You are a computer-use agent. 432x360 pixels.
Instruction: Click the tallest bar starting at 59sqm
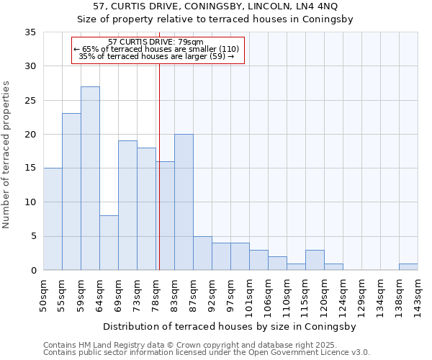[x=90, y=179]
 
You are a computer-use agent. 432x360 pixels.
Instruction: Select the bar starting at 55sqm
[x=71, y=192]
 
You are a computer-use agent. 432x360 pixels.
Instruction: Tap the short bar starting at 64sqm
[x=109, y=243]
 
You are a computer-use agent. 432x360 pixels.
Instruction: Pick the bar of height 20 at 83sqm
[x=184, y=202]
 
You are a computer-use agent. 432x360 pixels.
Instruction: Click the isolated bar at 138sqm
[x=408, y=267]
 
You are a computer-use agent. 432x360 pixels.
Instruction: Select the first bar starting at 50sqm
[x=53, y=219]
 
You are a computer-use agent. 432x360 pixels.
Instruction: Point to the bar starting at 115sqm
[x=315, y=260]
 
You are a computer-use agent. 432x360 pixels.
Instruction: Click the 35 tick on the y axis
[x=30, y=32]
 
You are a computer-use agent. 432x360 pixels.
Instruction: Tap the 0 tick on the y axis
[x=33, y=270]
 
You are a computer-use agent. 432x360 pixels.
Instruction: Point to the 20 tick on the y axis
[x=30, y=135]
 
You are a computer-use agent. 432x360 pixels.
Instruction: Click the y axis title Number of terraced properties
[x=6, y=155]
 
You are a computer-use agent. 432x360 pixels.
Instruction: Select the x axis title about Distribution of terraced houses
[x=230, y=326]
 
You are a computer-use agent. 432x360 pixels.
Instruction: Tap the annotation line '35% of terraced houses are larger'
[x=156, y=56]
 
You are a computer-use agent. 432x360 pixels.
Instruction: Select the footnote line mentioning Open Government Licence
[x=206, y=353]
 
